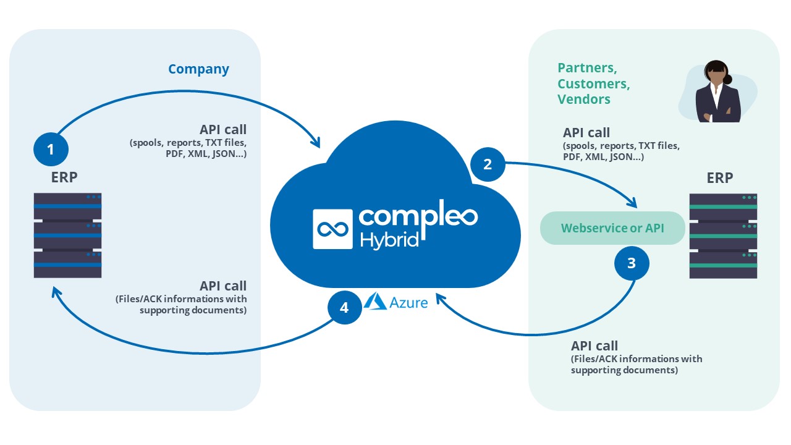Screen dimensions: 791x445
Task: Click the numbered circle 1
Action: pyautogui.click(x=51, y=150)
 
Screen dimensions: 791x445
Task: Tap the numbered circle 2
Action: pyautogui.click(x=488, y=164)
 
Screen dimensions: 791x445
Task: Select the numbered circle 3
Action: pyautogui.click(x=632, y=263)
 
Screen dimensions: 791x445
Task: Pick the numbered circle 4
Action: pyautogui.click(x=345, y=308)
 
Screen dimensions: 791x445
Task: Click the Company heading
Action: pyautogui.click(x=198, y=69)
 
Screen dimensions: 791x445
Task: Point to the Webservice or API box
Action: pyautogui.click(x=612, y=228)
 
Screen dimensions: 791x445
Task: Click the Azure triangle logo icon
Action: pyautogui.click(x=375, y=301)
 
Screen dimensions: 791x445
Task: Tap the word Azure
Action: pyautogui.click(x=408, y=303)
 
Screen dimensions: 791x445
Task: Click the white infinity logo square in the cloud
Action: pyautogui.click(x=332, y=229)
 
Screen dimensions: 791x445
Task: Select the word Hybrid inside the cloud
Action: pyautogui.click(x=389, y=240)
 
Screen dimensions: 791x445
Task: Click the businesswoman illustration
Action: pyautogui.click(x=718, y=92)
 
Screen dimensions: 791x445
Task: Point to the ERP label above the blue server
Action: pyautogui.click(x=64, y=177)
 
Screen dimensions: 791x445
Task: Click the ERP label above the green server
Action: pyautogui.click(x=720, y=178)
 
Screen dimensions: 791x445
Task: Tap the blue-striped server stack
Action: pyautogui.click(x=68, y=235)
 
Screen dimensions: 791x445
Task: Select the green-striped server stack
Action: pyautogui.click(x=723, y=236)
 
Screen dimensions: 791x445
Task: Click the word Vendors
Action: pyautogui.click(x=584, y=100)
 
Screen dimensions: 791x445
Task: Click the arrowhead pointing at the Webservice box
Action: pyautogui.click(x=633, y=203)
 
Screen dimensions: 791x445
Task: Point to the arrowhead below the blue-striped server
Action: pyautogui.click(x=56, y=292)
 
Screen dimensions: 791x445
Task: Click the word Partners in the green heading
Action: pyautogui.click(x=587, y=68)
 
